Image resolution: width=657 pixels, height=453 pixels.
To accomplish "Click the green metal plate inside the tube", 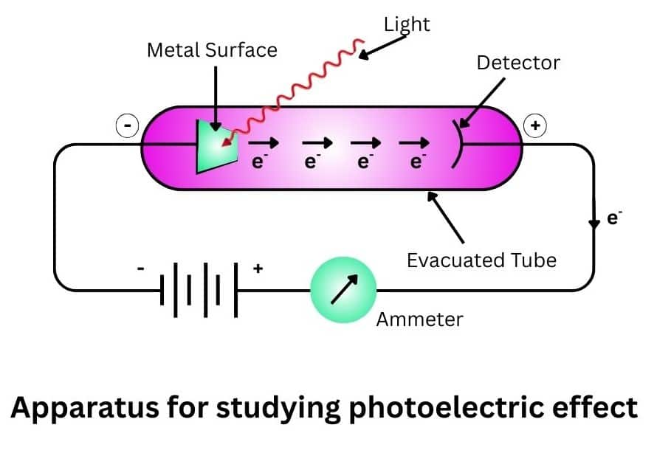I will point(215,146).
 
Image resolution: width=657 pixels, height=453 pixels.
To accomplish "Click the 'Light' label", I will point(407,24).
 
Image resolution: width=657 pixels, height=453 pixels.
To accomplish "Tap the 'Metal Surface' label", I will point(213,50).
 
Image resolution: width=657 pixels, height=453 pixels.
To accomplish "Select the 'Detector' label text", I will point(518,62).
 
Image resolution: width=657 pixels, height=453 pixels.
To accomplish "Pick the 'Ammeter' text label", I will point(420,319).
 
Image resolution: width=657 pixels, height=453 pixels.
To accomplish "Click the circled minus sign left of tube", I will point(128,127).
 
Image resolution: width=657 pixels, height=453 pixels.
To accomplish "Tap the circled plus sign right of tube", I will point(534,127).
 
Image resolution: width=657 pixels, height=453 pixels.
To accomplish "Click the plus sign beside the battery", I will point(258,269).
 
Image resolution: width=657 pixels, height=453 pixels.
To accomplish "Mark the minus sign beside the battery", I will point(141,269).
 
